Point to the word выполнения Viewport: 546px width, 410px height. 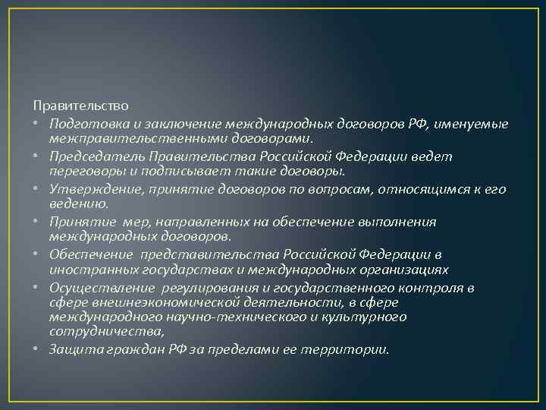(399, 221)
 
